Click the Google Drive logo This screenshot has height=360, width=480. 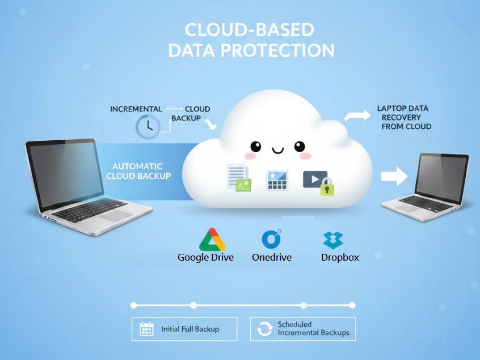click(x=212, y=239)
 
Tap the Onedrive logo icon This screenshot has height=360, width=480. click(x=271, y=239)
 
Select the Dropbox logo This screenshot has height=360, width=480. click(x=334, y=240)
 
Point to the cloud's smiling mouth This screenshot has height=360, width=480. click(x=277, y=150)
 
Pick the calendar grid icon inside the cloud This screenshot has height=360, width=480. click(x=277, y=181)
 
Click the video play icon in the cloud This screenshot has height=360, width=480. click(x=314, y=179)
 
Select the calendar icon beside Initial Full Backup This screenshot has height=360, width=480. click(x=146, y=329)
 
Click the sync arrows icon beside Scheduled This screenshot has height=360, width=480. click(x=264, y=329)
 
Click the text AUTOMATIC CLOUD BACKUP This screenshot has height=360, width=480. click(x=137, y=171)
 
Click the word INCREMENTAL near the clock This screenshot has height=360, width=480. click(x=136, y=109)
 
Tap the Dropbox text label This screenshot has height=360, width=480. click(x=340, y=257)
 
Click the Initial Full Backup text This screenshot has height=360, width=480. click(x=190, y=329)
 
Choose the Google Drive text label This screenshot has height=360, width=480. click(x=206, y=257)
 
